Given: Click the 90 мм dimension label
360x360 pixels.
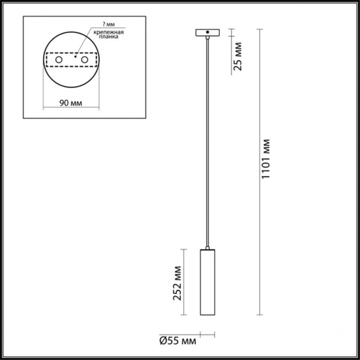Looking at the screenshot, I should point(70,102).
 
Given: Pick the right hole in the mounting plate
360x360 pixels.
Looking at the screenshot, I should point(83,61).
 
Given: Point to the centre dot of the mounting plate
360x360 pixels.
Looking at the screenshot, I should point(75,56).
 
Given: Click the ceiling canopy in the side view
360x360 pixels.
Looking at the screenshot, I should point(208,33).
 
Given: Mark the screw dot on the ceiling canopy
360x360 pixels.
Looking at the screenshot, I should point(208,33).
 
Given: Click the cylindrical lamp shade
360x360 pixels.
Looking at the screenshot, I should point(208,282).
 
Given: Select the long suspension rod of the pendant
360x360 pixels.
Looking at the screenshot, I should point(208,141).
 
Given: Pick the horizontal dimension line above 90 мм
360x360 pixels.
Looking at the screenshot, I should point(70,109).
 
